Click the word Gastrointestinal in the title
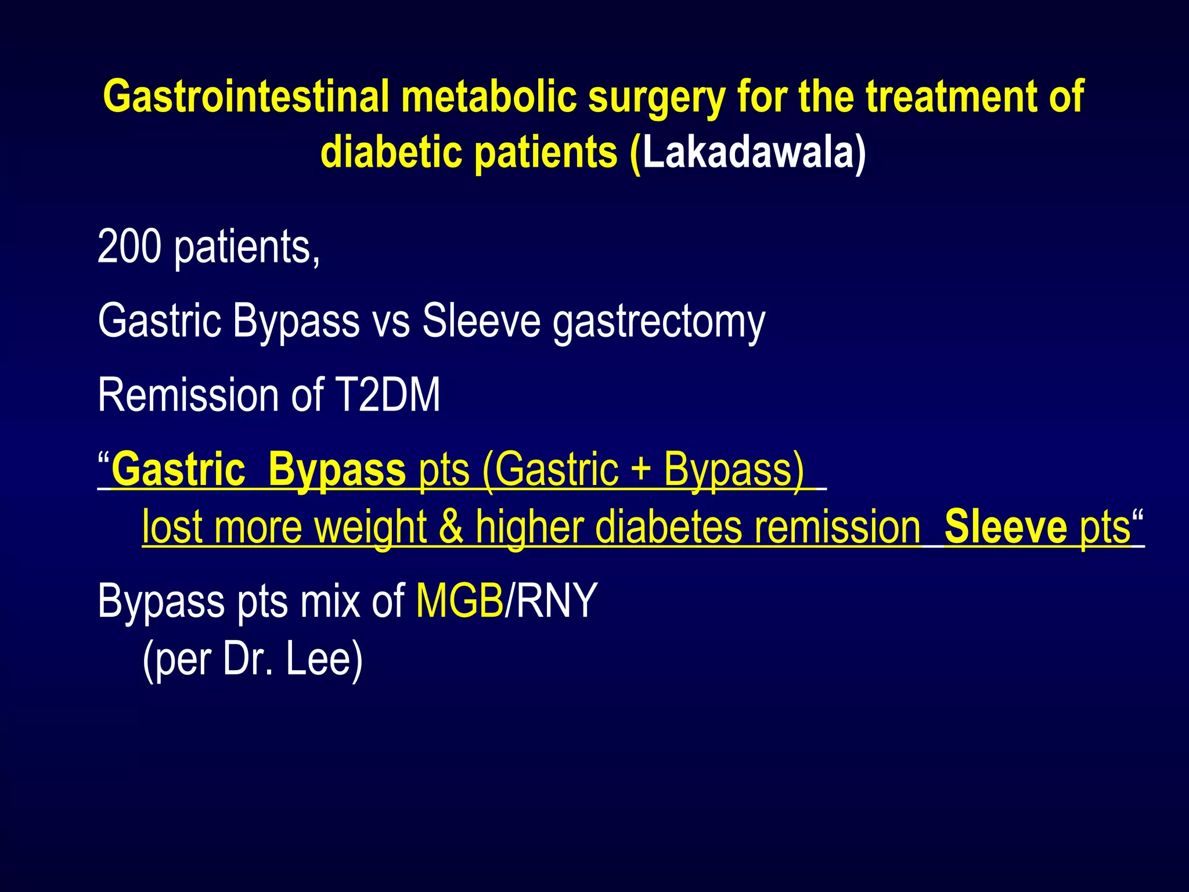(x=246, y=96)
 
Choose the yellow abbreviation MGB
(x=460, y=600)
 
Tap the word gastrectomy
(x=659, y=321)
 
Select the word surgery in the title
(x=657, y=96)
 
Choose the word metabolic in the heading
(x=488, y=96)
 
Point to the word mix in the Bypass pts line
(x=330, y=600)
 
